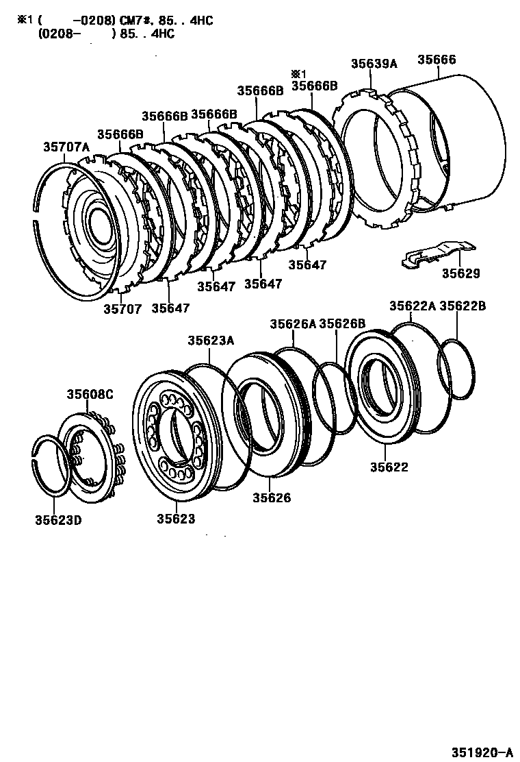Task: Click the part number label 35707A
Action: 66,147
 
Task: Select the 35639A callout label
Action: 374,64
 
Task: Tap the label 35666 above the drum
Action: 436,60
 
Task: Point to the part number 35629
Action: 460,273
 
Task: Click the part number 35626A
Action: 293,323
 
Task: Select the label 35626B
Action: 342,323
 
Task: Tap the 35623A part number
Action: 211,340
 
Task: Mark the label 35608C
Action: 90,394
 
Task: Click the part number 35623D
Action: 59,519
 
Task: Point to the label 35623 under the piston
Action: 176,519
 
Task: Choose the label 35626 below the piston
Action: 271,497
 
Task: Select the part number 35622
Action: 389,467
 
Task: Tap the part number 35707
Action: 122,309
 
